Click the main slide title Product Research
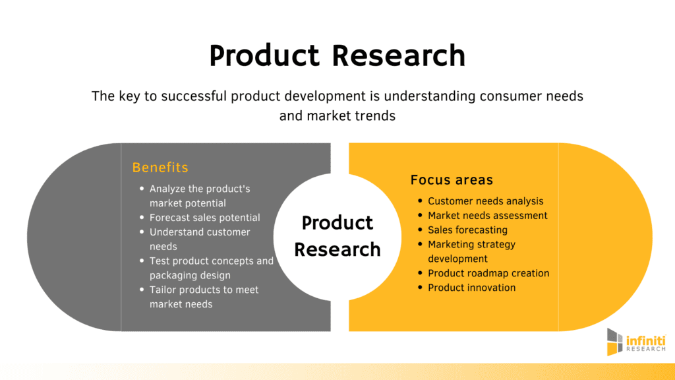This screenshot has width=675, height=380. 337,55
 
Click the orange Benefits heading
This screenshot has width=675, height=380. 160,167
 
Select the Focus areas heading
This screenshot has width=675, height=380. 452,179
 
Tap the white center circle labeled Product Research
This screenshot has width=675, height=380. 337,237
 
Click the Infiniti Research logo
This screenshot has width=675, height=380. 636,342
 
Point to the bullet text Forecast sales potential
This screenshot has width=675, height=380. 205,218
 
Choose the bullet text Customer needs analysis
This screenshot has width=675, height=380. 486,201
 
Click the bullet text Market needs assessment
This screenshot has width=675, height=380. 488,216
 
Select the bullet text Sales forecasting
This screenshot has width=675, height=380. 467,230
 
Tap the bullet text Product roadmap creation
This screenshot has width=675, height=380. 488,273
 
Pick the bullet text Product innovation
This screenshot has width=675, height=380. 472,288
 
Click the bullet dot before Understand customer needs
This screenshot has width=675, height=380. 142,232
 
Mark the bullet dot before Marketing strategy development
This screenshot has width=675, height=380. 420,244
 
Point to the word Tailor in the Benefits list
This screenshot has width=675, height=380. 163,290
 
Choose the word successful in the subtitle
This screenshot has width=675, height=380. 194,96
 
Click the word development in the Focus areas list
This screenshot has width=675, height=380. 457,259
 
